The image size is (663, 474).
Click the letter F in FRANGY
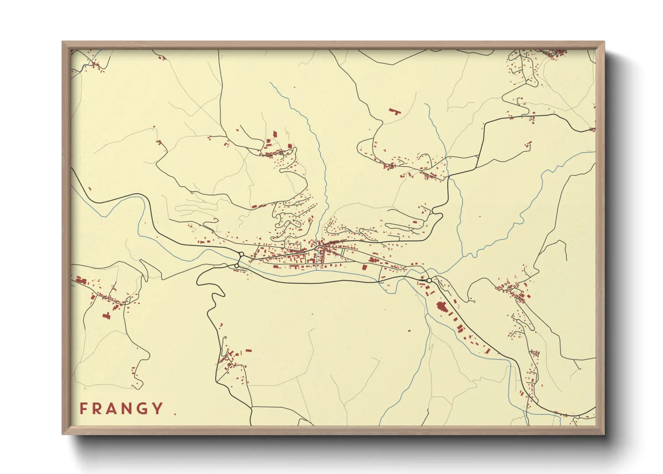pyautogui.click(x=83, y=409)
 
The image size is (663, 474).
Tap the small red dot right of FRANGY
pyautogui.click(x=175, y=414)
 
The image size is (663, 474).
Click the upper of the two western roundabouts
pyautogui.click(x=241, y=254)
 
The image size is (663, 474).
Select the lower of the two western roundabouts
pyautogui.click(x=237, y=266)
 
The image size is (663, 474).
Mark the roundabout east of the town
pyautogui.click(x=429, y=280)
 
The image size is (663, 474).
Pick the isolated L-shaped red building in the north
pyautogui.click(x=394, y=111)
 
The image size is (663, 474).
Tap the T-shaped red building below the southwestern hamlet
pyautogui.click(x=106, y=315)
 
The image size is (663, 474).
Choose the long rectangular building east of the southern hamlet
pyautogui.click(x=248, y=351)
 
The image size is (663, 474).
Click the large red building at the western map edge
pyautogui.click(x=81, y=280)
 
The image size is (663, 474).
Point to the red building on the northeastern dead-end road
pyautogui.click(x=529, y=144)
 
